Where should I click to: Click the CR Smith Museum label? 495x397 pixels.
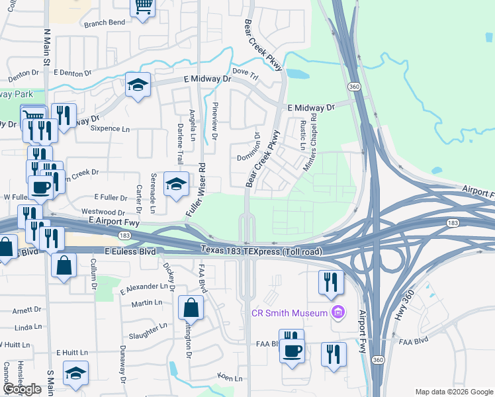(289, 312)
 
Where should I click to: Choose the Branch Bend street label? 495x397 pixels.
(105, 22)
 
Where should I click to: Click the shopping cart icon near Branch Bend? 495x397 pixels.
(143, 7)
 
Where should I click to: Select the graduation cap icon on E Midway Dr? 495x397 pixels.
(138, 85)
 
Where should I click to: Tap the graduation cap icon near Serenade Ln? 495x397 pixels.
(176, 185)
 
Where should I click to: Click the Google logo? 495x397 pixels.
(22, 389)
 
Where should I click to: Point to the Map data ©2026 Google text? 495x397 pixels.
(453, 392)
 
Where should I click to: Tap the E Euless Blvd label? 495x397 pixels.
(130, 252)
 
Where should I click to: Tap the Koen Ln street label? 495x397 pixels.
(228, 377)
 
